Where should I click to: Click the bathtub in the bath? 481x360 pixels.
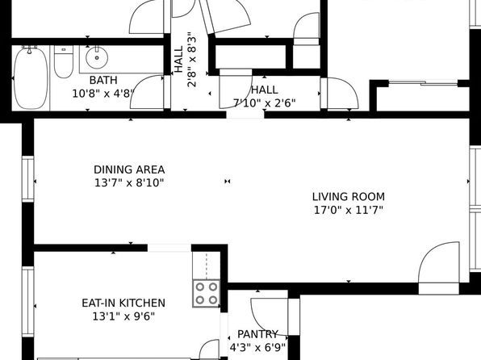[31, 77]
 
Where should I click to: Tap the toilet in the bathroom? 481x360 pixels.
[64, 61]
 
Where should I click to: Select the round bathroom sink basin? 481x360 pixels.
[97, 57]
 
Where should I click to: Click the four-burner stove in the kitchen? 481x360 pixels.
[206, 293]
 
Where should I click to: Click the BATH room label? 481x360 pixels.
[103, 80]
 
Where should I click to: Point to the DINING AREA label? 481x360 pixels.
[129, 170]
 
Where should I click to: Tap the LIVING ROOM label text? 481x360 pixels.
[349, 197]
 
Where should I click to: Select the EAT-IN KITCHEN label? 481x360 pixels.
[123, 303]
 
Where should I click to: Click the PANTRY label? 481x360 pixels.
[257, 334]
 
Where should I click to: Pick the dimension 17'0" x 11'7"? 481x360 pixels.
[349, 210]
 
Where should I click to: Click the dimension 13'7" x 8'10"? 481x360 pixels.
[129, 183]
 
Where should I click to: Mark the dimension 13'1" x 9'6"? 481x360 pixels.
[123, 316]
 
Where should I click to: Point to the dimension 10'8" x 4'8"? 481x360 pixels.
[103, 94]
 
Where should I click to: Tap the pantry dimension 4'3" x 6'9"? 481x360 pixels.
[257, 347]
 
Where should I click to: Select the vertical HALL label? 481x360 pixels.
[178, 60]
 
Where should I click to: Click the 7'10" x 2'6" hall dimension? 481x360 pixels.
[265, 103]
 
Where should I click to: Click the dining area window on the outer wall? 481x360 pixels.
[28, 179]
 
